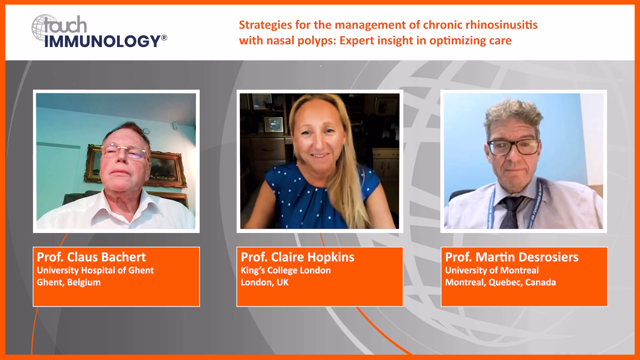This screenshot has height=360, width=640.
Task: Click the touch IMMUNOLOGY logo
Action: [99, 31]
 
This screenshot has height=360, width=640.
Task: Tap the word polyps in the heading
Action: [315, 41]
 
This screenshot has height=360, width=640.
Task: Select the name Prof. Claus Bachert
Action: [91, 257]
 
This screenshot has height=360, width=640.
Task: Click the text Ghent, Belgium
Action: [69, 282]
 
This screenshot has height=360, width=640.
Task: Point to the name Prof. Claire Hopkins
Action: [297, 257]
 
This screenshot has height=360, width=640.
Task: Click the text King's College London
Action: [286, 270]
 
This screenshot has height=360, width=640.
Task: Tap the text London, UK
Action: [265, 282]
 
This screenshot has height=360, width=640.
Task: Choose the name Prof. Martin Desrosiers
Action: [512, 257]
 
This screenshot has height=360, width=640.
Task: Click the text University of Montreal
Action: [492, 270]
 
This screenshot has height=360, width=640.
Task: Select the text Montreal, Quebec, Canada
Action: [500, 282]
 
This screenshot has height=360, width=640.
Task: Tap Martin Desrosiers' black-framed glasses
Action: [513, 147]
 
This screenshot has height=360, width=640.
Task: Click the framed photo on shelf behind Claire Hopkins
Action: [274, 125]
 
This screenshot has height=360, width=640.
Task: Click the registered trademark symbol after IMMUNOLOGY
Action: [164, 38]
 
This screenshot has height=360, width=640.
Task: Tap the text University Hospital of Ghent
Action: [95, 270]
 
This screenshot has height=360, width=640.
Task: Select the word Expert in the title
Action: [357, 41]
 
